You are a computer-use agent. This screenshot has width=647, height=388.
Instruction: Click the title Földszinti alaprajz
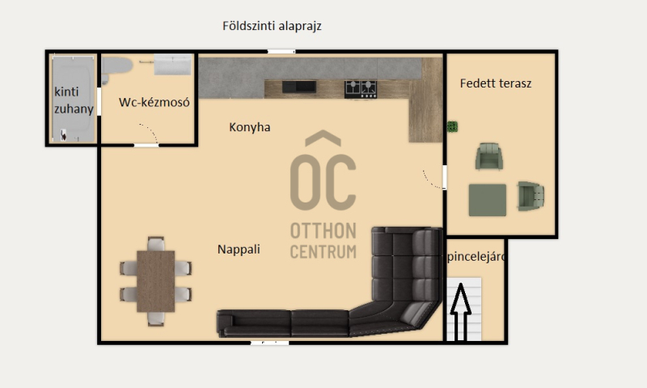272,26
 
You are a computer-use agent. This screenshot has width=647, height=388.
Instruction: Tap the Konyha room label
250,127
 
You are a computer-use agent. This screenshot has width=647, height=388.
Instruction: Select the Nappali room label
239,249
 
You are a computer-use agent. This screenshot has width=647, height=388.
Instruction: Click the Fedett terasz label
496,83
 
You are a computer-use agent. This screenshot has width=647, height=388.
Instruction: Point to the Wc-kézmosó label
154,102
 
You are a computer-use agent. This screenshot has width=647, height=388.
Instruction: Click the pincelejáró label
476,257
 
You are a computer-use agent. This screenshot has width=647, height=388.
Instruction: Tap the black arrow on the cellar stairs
460,312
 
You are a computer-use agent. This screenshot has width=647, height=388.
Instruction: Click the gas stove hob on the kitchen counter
361,89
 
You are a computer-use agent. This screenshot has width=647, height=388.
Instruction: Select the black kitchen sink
299,87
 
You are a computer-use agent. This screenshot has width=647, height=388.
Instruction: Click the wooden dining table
155,281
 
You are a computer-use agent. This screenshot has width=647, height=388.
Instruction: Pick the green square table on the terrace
488,200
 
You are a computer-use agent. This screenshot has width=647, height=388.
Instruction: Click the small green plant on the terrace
452,126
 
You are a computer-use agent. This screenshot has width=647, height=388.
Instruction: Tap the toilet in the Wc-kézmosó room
116,68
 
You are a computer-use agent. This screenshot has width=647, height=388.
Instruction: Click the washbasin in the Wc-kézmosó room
173,64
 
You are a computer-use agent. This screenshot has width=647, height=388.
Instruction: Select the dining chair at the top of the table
155,244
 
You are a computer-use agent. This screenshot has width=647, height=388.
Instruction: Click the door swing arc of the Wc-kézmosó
150,131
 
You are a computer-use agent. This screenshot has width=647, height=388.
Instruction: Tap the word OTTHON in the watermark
323,231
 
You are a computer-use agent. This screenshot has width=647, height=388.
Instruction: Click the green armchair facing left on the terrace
531,196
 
